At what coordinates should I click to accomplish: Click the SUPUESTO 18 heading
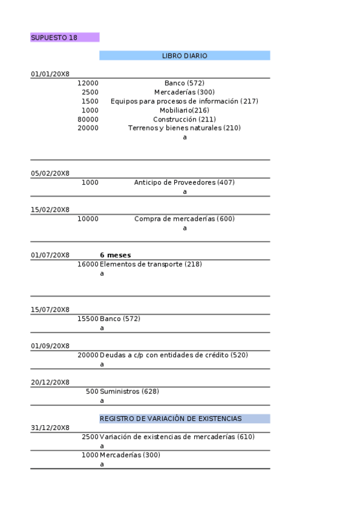click(x=54, y=37)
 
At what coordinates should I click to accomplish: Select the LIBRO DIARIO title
click(x=185, y=55)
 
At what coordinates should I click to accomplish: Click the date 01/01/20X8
click(x=50, y=74)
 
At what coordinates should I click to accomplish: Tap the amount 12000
click(x=88, y=83)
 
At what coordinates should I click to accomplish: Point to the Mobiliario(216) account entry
click(x=185, y=110)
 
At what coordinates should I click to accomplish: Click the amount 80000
click(x=88, y=119)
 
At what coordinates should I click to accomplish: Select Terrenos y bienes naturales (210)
click(x=185, y=128)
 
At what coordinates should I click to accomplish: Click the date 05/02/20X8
click(x=50, y=174)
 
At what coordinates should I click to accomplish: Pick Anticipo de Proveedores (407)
click(x=185, y=182)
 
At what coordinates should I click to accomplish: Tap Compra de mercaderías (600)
click(x=185, y=219)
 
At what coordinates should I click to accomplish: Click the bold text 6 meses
click(x=115, y=255)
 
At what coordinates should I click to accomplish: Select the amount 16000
click(x=88, y=264)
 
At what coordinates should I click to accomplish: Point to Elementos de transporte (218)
click(x=151, y=264)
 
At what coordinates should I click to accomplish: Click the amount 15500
click(x=88, y=319)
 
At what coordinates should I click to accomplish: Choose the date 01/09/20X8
click(x=50, y=346)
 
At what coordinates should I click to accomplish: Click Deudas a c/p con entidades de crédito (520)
click(x=174, y=355)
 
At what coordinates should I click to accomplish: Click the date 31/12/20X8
click(x=50, y=428)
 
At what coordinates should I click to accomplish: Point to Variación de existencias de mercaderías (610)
click(x=177, y=437)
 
